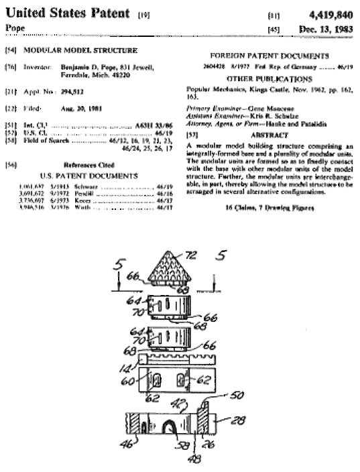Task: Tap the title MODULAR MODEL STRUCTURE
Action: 80,50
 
